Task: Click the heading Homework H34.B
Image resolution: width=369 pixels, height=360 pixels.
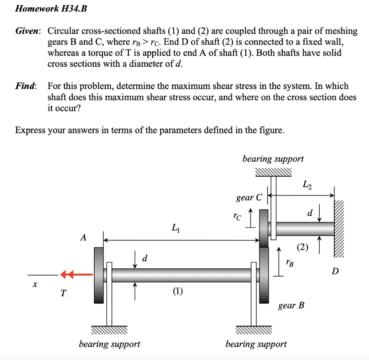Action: point(51,9)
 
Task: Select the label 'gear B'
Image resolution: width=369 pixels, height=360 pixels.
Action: point(291,306)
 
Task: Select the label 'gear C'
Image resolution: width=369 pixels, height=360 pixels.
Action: point(249,198)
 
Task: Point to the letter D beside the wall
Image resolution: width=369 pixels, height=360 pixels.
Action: point(335,271)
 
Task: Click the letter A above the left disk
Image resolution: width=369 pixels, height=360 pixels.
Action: point(84,237)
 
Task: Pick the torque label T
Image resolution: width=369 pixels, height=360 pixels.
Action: point(63,294)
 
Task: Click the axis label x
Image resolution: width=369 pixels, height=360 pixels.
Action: point(35,285)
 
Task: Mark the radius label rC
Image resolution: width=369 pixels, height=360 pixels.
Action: point(236,217)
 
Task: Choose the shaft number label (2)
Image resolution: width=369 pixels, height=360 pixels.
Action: point(302,247)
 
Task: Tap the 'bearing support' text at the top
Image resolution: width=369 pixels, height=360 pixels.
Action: point(273,159)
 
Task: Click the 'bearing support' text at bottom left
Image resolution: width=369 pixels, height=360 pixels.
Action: point(109,344)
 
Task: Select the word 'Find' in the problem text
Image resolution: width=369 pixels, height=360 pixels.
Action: point(25,86)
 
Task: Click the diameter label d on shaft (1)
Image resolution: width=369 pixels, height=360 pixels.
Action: point(145,258)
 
